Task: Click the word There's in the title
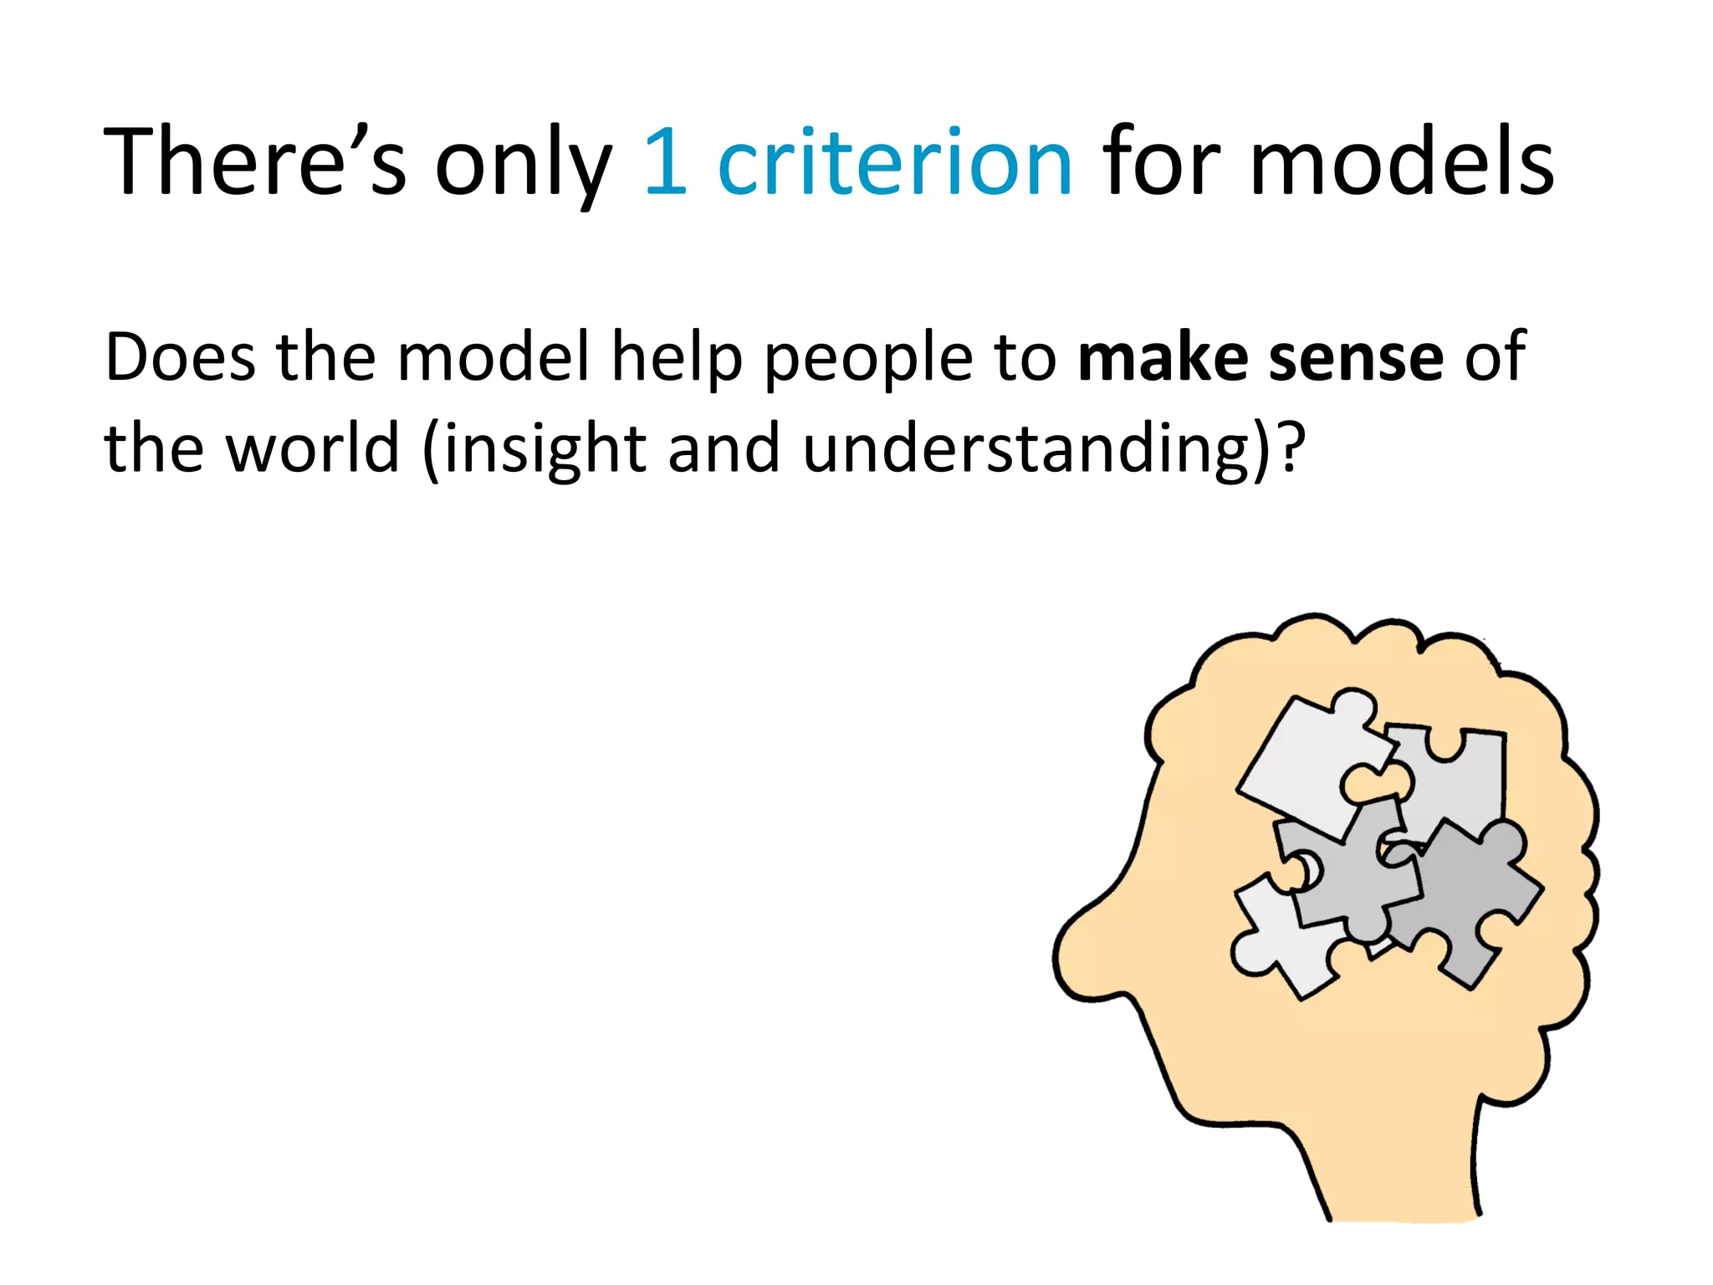click(255, 161)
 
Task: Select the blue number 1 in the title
click(667, 161)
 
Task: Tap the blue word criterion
click(895, 161)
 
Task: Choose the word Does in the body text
click(181, 357)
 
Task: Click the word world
click(314, 448)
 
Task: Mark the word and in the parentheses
click(724, 448)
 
